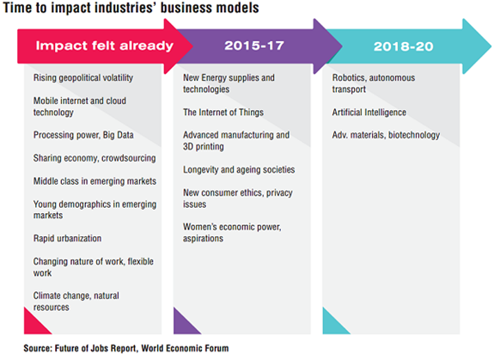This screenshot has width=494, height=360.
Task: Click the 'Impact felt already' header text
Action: (x=104, y=46)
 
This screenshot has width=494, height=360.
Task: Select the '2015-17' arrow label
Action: (x=254, y=46)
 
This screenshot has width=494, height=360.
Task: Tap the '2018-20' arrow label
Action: (x=403, y=46)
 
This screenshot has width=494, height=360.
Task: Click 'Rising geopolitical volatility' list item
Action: (x=83, y=78)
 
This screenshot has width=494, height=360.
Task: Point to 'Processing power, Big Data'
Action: (x=83, y=135)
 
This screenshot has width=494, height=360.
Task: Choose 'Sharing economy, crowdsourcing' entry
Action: (x=95, y=158)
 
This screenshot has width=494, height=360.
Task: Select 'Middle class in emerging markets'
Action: (x=95, y=181)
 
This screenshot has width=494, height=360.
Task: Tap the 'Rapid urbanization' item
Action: (x=67, y=239)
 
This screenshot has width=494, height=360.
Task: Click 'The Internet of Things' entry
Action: (x=223, y=113)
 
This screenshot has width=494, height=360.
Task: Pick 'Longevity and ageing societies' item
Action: (x=239, y=170)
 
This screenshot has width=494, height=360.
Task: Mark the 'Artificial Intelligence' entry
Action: (x=369, y=113)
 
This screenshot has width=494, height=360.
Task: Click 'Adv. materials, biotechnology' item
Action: (x=386, y=135)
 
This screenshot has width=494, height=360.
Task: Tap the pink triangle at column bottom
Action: (x=34, y=325)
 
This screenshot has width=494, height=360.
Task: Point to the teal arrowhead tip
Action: (x=491, y=46)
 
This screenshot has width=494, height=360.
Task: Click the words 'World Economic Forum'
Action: (x=185, y=348)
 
